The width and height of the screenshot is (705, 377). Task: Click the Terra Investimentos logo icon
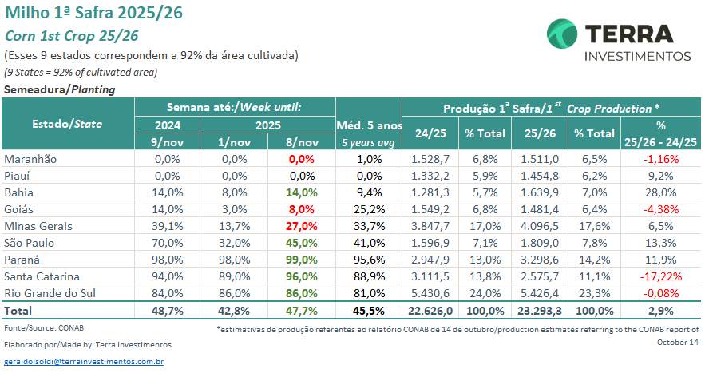click(x=562, y=35)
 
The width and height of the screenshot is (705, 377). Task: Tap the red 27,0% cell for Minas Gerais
click(x=303, y=226)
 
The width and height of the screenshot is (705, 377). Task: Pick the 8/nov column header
click(x=303, y=141)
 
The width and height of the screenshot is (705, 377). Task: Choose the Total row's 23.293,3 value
click(x=536, y=310)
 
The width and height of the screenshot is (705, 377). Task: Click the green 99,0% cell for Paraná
click(x=303, y=260)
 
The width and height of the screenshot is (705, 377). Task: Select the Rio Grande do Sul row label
click(x=50, y=293)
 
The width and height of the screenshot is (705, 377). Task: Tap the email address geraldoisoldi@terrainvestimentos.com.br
click(x=84, y=362)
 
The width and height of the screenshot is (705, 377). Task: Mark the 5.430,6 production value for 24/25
click(x=431, y=293)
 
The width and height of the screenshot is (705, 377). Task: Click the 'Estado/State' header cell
click(x=68, y=124)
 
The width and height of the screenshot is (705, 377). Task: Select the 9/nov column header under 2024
click(x=167, y=141)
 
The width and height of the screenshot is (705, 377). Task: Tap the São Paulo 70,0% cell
click(x=167, y=243)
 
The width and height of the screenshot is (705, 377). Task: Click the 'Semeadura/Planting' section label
click(x=60, y=89)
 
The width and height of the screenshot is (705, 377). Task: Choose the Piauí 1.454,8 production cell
click(x=536, y=176)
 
